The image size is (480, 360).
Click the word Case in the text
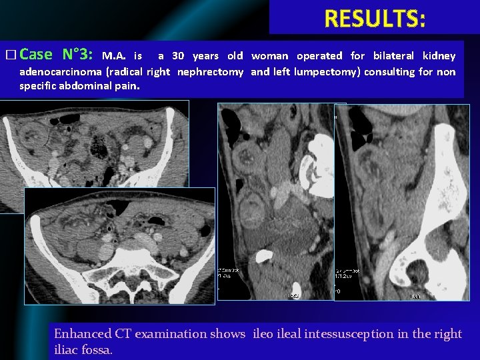tap(37, 55)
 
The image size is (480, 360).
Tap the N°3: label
tap(79, 55)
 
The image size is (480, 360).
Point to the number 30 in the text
tap(178, 56)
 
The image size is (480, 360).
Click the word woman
tap(270, 56)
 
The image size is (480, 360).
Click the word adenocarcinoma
tap(60, 71)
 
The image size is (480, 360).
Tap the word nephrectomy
tap(210, 71)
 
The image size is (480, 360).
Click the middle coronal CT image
tap(277, 200)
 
